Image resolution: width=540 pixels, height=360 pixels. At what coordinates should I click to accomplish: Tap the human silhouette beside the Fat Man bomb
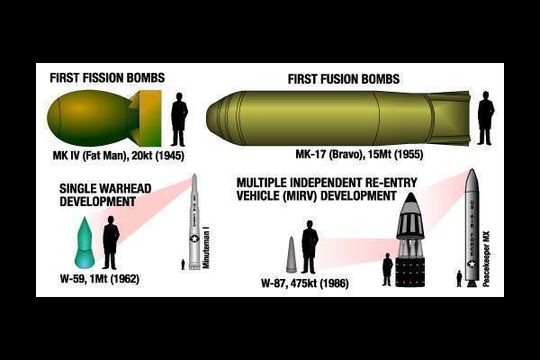coord(179,119)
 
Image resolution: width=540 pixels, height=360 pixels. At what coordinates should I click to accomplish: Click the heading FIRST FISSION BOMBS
coord(107,78)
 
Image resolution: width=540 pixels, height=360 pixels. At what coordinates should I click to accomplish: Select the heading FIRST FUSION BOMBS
coord(344,79)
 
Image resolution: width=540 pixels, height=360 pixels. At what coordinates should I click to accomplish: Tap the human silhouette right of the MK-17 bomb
coord(485,118)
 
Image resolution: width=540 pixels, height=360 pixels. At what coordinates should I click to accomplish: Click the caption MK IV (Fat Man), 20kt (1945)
coord(118,156)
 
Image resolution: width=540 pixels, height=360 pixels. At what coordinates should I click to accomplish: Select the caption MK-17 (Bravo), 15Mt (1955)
coord(359,154)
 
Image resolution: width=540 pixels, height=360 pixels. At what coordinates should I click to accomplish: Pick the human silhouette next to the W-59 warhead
coord(111,242)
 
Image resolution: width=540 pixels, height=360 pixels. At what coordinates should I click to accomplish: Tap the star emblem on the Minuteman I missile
coord(195,238)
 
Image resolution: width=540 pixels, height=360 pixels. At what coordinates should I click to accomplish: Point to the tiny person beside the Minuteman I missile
coord(183,265)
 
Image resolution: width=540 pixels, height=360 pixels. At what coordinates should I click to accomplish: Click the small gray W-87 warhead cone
coord(292,255)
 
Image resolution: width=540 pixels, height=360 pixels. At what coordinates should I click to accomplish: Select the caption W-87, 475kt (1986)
coord(305,283)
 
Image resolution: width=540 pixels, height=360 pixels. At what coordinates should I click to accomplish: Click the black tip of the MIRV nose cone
coord(410,198)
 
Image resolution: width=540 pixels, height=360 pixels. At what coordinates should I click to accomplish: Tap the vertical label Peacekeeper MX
coord(486,258)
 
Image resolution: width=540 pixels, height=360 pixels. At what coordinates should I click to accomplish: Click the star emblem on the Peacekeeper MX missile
coord(472,265)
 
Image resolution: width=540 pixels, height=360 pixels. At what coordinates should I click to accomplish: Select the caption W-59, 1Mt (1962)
coord(100,279)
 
